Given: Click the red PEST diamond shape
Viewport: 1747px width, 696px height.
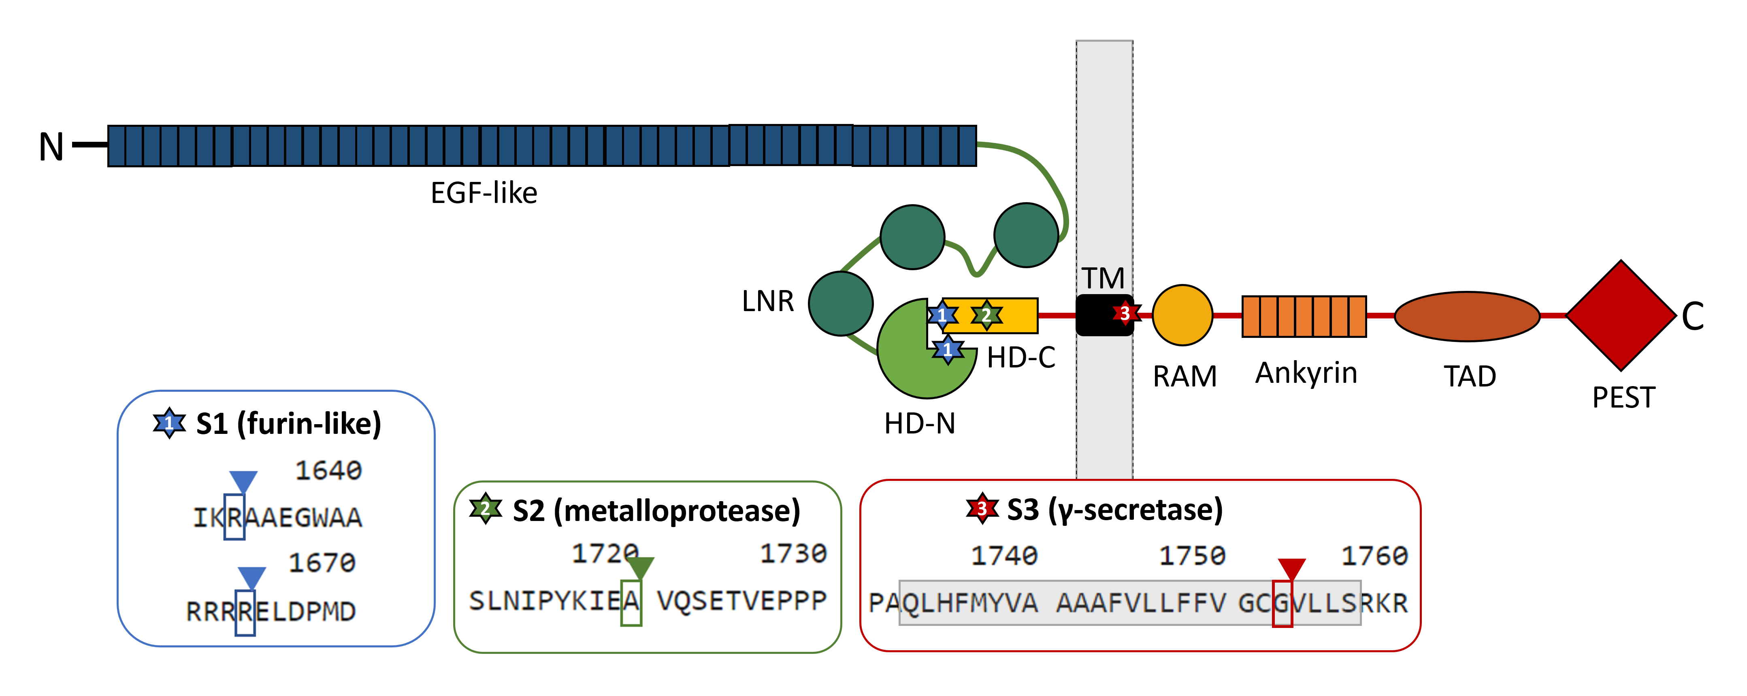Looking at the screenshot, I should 1621,316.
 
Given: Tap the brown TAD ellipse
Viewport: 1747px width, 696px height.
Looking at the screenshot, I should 1467,316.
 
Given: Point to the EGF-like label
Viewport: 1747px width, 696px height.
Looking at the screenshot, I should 484,193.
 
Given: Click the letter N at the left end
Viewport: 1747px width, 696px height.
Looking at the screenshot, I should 51,147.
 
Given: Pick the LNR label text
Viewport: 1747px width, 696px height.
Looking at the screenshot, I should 768,301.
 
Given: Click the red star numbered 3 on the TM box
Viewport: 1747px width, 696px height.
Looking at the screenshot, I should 1125,314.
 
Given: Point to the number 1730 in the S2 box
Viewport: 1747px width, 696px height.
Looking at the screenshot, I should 793,553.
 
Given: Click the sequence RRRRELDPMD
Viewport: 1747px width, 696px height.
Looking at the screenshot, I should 271,612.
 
